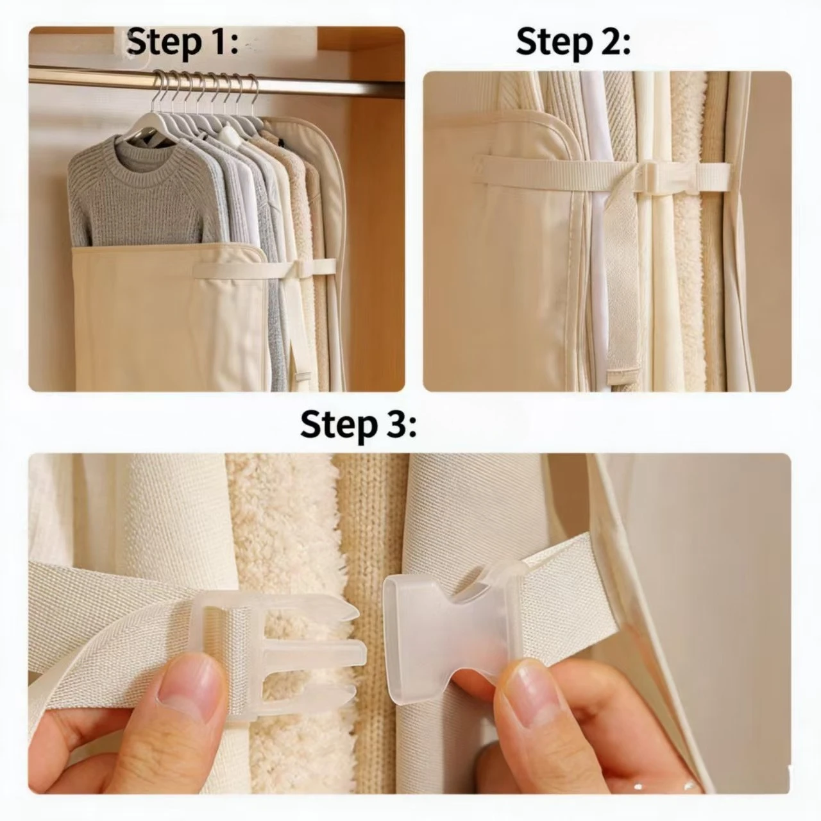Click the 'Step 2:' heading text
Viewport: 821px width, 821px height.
(573, 42)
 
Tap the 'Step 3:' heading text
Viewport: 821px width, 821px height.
(359, 425)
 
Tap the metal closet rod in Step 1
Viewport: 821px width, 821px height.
(213, 80)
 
